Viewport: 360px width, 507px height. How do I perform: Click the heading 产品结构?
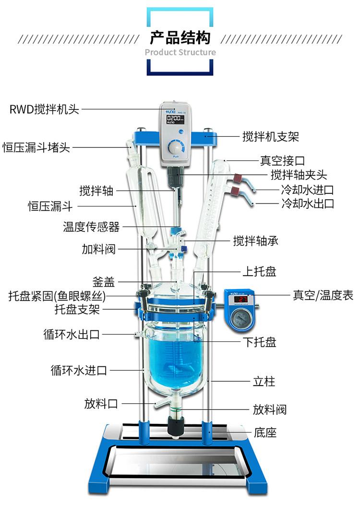(x=180, y=38)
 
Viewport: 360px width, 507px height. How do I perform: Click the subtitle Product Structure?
(x=180, y=52)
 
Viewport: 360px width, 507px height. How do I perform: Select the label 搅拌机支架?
(x=270, y=136)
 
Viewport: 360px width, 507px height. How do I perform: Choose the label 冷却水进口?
(x=307, y=189)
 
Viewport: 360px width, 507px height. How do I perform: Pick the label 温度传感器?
(x=91, y=226)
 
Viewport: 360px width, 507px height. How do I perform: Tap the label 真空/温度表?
(x=323, y=295)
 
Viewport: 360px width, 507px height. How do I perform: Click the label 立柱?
(x=264, y=382)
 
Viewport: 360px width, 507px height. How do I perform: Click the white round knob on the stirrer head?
(x=176, y=146)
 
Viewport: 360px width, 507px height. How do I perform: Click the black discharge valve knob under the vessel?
(x=175, y=427)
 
